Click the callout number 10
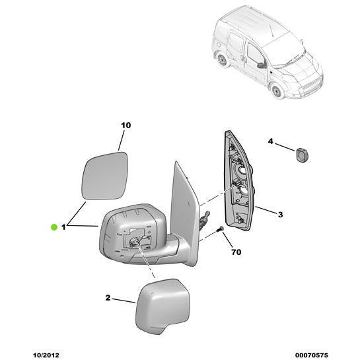pyautogui.click(x=126, y=125)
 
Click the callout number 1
pyautogui.click(x=64, y=227)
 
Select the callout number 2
pyautogui.click(x=108, y=299)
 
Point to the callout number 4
pyautogui.click(x=270, y=141)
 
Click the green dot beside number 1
pyautogui.click(x=54, y=227)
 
